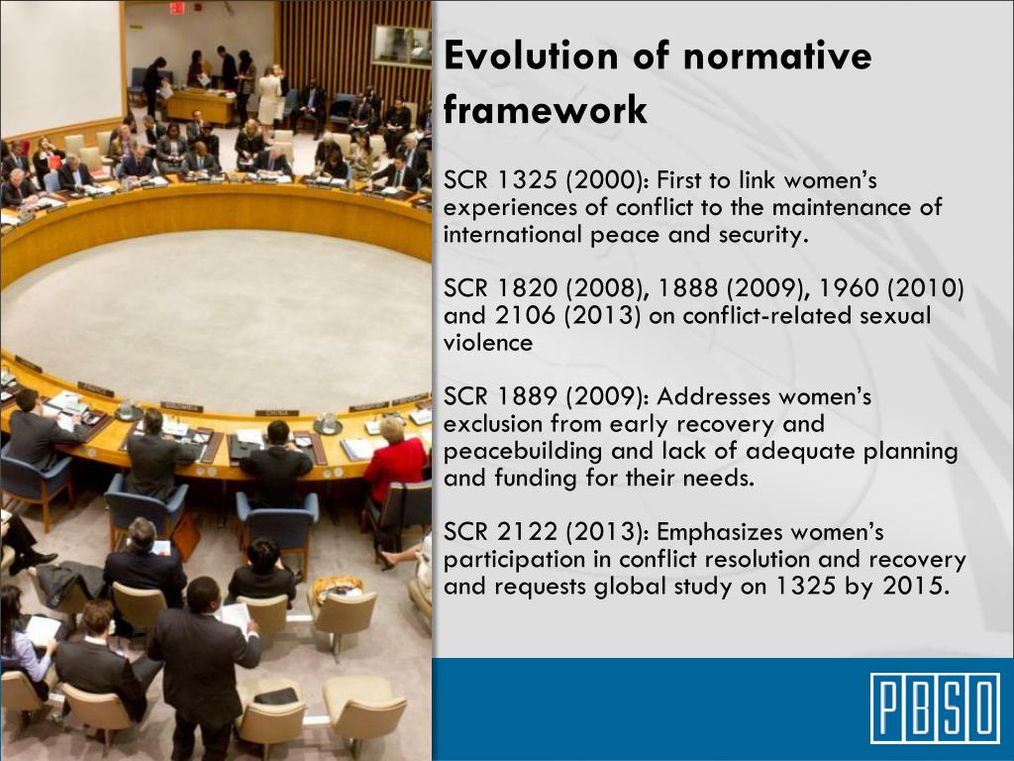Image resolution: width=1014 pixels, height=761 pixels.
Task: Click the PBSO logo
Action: (935, 707)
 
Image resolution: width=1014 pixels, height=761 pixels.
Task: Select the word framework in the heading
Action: (546, 108)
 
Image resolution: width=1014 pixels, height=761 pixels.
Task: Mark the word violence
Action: (488, 343)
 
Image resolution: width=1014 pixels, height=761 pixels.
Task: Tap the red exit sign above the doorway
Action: (177, 8)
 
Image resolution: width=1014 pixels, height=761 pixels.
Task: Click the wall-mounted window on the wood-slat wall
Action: (400, 46)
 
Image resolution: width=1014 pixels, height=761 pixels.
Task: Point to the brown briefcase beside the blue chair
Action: (185, 536)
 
